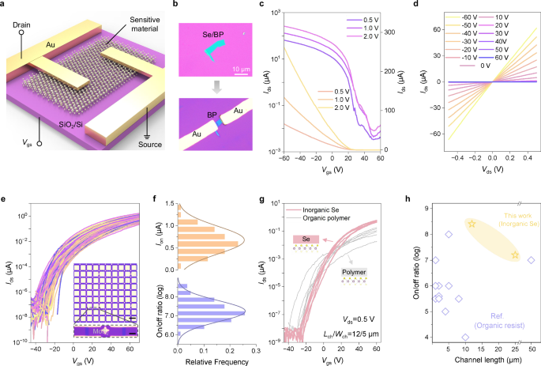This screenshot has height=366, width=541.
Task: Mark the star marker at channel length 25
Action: (x=515, y=255)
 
